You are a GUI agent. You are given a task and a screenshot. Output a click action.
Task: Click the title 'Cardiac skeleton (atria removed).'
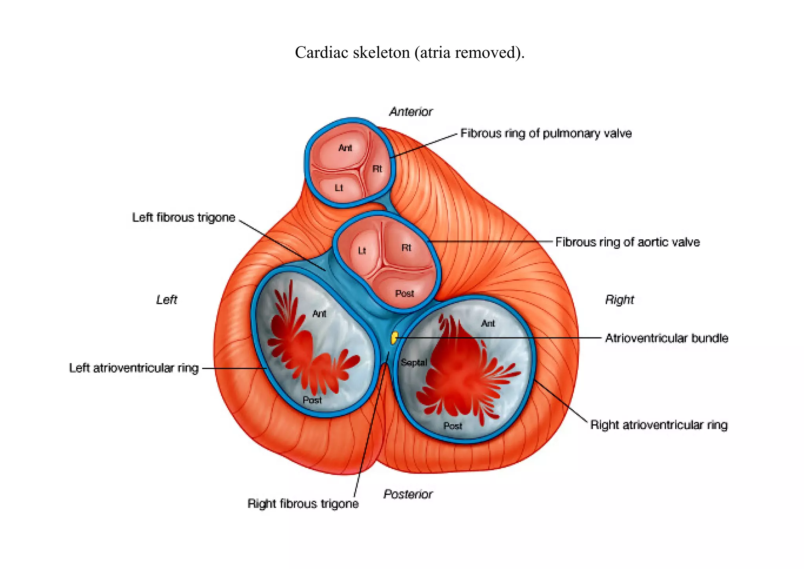pos(409,52)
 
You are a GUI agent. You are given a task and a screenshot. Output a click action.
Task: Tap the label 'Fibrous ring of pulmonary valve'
pos(546,134)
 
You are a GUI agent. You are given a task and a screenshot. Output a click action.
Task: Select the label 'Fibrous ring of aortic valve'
pos(627,242)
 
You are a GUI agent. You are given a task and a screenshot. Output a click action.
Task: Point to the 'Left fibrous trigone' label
pos(183,217)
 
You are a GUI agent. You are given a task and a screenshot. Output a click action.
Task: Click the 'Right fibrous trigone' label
pos(303,503)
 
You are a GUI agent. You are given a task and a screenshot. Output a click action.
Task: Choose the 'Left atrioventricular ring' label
pos(134,368)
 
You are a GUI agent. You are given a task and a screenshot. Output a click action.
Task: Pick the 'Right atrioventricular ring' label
pos(659,425)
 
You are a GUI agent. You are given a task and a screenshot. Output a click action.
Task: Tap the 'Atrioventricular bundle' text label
pos(666,338)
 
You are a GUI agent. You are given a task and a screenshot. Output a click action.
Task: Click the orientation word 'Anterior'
pos(411,112)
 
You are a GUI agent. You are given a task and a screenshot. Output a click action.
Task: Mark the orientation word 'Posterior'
pos(408,494)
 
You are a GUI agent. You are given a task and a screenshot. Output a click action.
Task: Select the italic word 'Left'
pos(166,300)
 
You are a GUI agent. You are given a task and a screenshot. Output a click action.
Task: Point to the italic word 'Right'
pos(619,300)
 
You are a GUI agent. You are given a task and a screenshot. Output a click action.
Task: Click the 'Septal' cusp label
pos(414,362)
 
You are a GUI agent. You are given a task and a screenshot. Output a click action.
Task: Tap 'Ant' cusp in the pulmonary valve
pos(345,148)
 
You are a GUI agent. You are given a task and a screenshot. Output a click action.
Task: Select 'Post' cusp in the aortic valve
pos(404,294)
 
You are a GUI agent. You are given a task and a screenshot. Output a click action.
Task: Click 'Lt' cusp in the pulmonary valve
pos(339,188)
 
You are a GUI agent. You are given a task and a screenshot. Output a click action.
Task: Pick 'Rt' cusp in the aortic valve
pos(406,248)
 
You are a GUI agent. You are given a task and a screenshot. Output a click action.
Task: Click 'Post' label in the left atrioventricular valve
pos(312,400)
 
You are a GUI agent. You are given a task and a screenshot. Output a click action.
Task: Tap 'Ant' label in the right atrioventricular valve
pos(488,323)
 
